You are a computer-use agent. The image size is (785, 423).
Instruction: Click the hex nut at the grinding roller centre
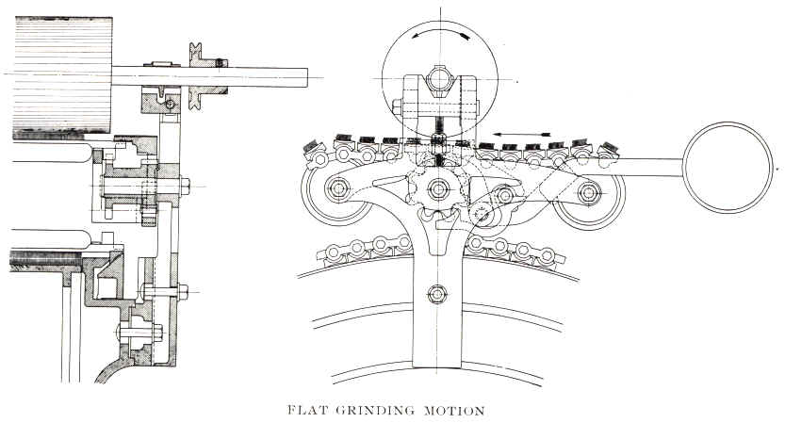(439, 74)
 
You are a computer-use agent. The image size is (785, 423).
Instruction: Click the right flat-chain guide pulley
(590, 192)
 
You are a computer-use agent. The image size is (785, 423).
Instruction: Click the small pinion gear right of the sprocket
(483, 214)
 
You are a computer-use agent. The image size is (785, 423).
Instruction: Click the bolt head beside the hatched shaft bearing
(170, 104)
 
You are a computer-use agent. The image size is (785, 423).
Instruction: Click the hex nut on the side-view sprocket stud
(183, 185)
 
